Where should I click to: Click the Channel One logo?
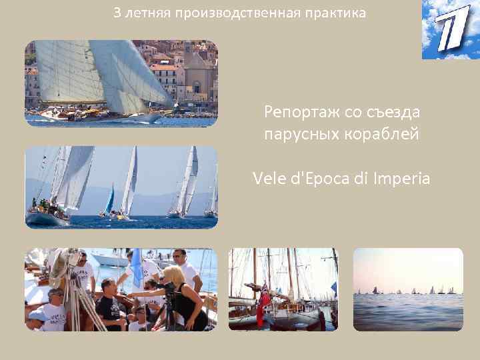pyautogui.click(x=450, y=30)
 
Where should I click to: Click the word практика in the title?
pyautogui.click(x=337, y=13)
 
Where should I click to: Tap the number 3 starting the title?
pyautogui.click(x=117, y=13)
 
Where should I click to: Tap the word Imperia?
pyautogui.click(x=403, y=178)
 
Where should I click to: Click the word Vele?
pyautogui.click(x=268, y=178)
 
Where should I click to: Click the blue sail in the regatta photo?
pyautogui.click(x=109, y=199)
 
